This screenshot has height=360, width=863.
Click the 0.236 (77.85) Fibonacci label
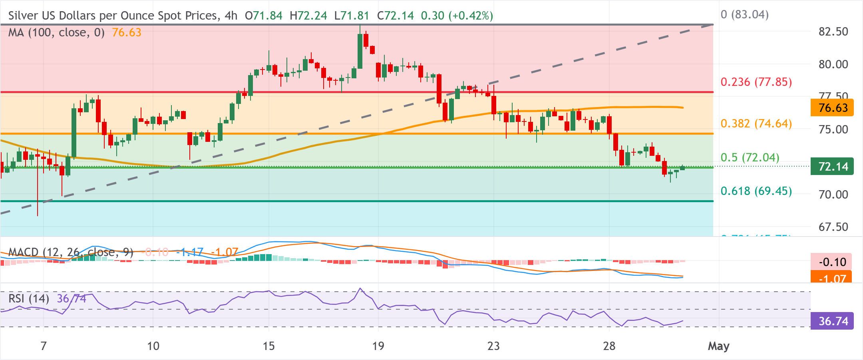click(x=756, y=82)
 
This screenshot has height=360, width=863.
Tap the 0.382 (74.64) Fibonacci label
click(x=756, y=123)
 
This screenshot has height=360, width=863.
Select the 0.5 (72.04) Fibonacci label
click(x=750, y=157)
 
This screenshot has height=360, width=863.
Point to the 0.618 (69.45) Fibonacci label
click(x=756, y=191)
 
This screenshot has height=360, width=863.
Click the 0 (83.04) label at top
click(x=744, y=15)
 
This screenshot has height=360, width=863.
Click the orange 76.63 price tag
click(x=832, y=108)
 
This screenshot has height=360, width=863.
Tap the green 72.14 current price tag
click(x=832, y=167)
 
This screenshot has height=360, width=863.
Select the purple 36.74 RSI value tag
click(x=832, y=321)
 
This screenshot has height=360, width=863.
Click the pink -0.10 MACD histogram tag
click(x=832, y=262)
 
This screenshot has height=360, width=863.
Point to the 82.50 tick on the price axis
click(x=833, y=32)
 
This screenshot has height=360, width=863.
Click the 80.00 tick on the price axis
click(x=833, y=64)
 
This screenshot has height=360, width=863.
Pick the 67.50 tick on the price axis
click(x=833, y=227)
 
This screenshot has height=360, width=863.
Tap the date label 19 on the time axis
click(x=378, y=346)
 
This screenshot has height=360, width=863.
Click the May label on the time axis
click(x=718, y=346)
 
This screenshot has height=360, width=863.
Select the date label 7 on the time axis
click(x=44, y=346)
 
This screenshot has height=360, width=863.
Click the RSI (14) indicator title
click(x=29, y=298)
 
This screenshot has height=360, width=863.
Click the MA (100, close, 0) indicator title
click(x=56, y=32)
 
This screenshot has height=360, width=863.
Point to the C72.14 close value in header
click(x=395, y=16)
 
